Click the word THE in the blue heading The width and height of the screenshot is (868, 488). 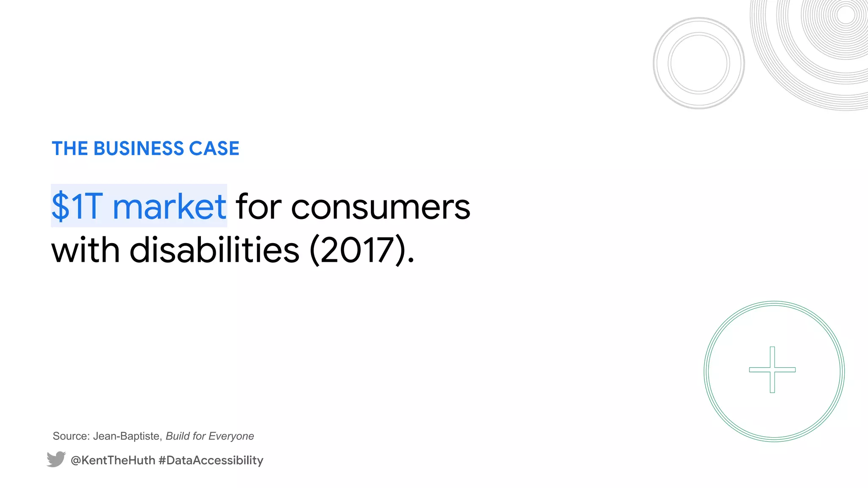tap(70, 149)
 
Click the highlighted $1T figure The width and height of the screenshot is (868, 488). tap(77, 206)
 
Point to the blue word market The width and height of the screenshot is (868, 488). tap(169, 206)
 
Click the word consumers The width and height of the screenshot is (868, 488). tap(380, 207)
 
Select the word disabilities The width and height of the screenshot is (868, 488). tap(214, 250)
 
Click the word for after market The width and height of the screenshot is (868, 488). tap(259, 206)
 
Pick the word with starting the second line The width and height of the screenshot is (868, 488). tap(85, 250)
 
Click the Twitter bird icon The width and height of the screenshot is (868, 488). tap(56, 459)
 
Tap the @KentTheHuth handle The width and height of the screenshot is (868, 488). tap(113, 460)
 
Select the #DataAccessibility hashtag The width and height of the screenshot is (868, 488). tap(211, 460)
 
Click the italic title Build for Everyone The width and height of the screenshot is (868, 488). tap(210, 436)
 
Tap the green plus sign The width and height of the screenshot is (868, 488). tap(772, 370)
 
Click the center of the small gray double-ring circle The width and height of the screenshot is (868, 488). tap(699, 63)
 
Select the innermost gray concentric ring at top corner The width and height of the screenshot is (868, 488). tap(846, 15)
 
